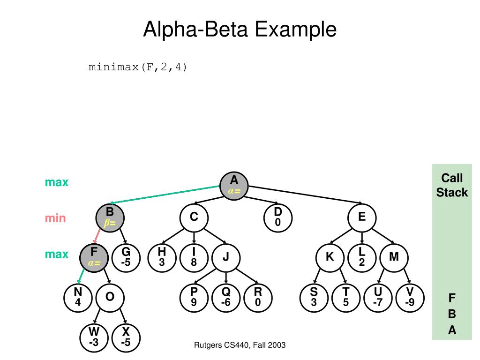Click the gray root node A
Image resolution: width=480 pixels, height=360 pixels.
point(234,186)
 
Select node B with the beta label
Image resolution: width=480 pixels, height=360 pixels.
point(110,218)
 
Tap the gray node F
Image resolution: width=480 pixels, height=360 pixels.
point(94,258)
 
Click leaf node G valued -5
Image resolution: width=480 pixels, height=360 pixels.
point(126,258)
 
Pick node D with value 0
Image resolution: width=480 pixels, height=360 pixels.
point(277,218)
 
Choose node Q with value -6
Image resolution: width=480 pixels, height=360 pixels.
point(226,298)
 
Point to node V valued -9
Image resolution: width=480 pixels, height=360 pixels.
point(410,298)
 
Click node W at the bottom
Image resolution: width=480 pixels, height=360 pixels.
point(94,337)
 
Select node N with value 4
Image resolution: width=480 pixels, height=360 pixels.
point(78,298)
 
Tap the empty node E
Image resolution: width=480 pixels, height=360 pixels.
point(362,218)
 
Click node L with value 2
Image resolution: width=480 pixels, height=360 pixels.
point(362,258)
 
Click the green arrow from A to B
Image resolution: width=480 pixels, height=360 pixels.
point(165,195)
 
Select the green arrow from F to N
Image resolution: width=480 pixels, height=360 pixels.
point(81,276)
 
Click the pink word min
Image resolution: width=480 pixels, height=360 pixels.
point(55,218)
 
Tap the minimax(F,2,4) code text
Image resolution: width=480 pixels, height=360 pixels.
point(137,67)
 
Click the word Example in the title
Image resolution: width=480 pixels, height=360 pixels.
point(296,30)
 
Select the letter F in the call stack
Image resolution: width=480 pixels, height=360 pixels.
point(452,298)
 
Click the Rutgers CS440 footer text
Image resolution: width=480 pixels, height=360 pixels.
point(240,345)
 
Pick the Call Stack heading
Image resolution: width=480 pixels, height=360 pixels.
point(452,185)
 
